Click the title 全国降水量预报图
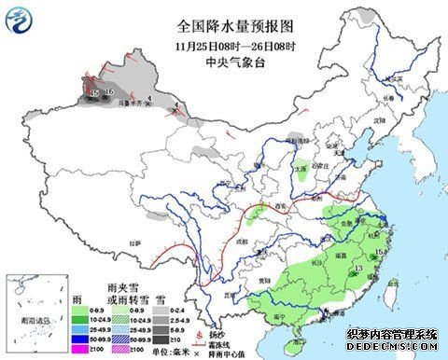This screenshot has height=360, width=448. (223, 30)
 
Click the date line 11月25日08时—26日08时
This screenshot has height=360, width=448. (223, 47)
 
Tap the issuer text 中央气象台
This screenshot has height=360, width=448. (223, 62)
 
